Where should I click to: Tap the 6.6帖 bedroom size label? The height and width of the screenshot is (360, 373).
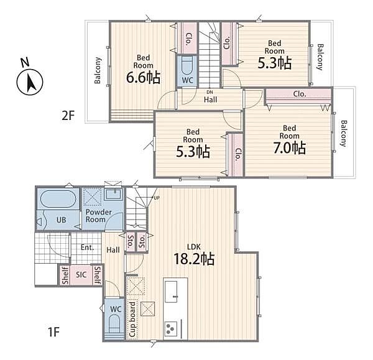pos(143,77)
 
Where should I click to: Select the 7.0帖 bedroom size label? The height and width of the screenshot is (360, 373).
pos(290,147)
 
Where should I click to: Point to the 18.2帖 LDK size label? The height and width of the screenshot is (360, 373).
pos(194,259)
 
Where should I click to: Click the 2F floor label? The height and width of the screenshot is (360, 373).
pos(68,116)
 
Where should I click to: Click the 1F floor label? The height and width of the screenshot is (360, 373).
pos(53,332)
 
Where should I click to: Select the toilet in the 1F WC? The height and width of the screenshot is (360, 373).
pos(114,323)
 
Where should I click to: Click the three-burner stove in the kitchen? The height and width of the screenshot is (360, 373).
pos(171,328)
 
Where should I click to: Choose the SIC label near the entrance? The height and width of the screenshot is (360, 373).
pos(81,275)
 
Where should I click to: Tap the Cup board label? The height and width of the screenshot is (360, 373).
pos(132,320)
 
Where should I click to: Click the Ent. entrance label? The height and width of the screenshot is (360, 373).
pos(87,247)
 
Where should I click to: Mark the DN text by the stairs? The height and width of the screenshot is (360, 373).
pos(210,92)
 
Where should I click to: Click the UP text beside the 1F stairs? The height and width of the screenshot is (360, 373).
pos(157,198)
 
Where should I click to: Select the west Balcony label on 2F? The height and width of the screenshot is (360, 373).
pos(98,70)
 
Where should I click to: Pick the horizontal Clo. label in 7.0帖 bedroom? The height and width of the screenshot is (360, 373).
pos(300,94)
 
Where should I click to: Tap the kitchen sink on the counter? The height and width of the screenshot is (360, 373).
pos(171,292)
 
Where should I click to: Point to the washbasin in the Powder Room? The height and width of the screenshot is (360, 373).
pos(114,195)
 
